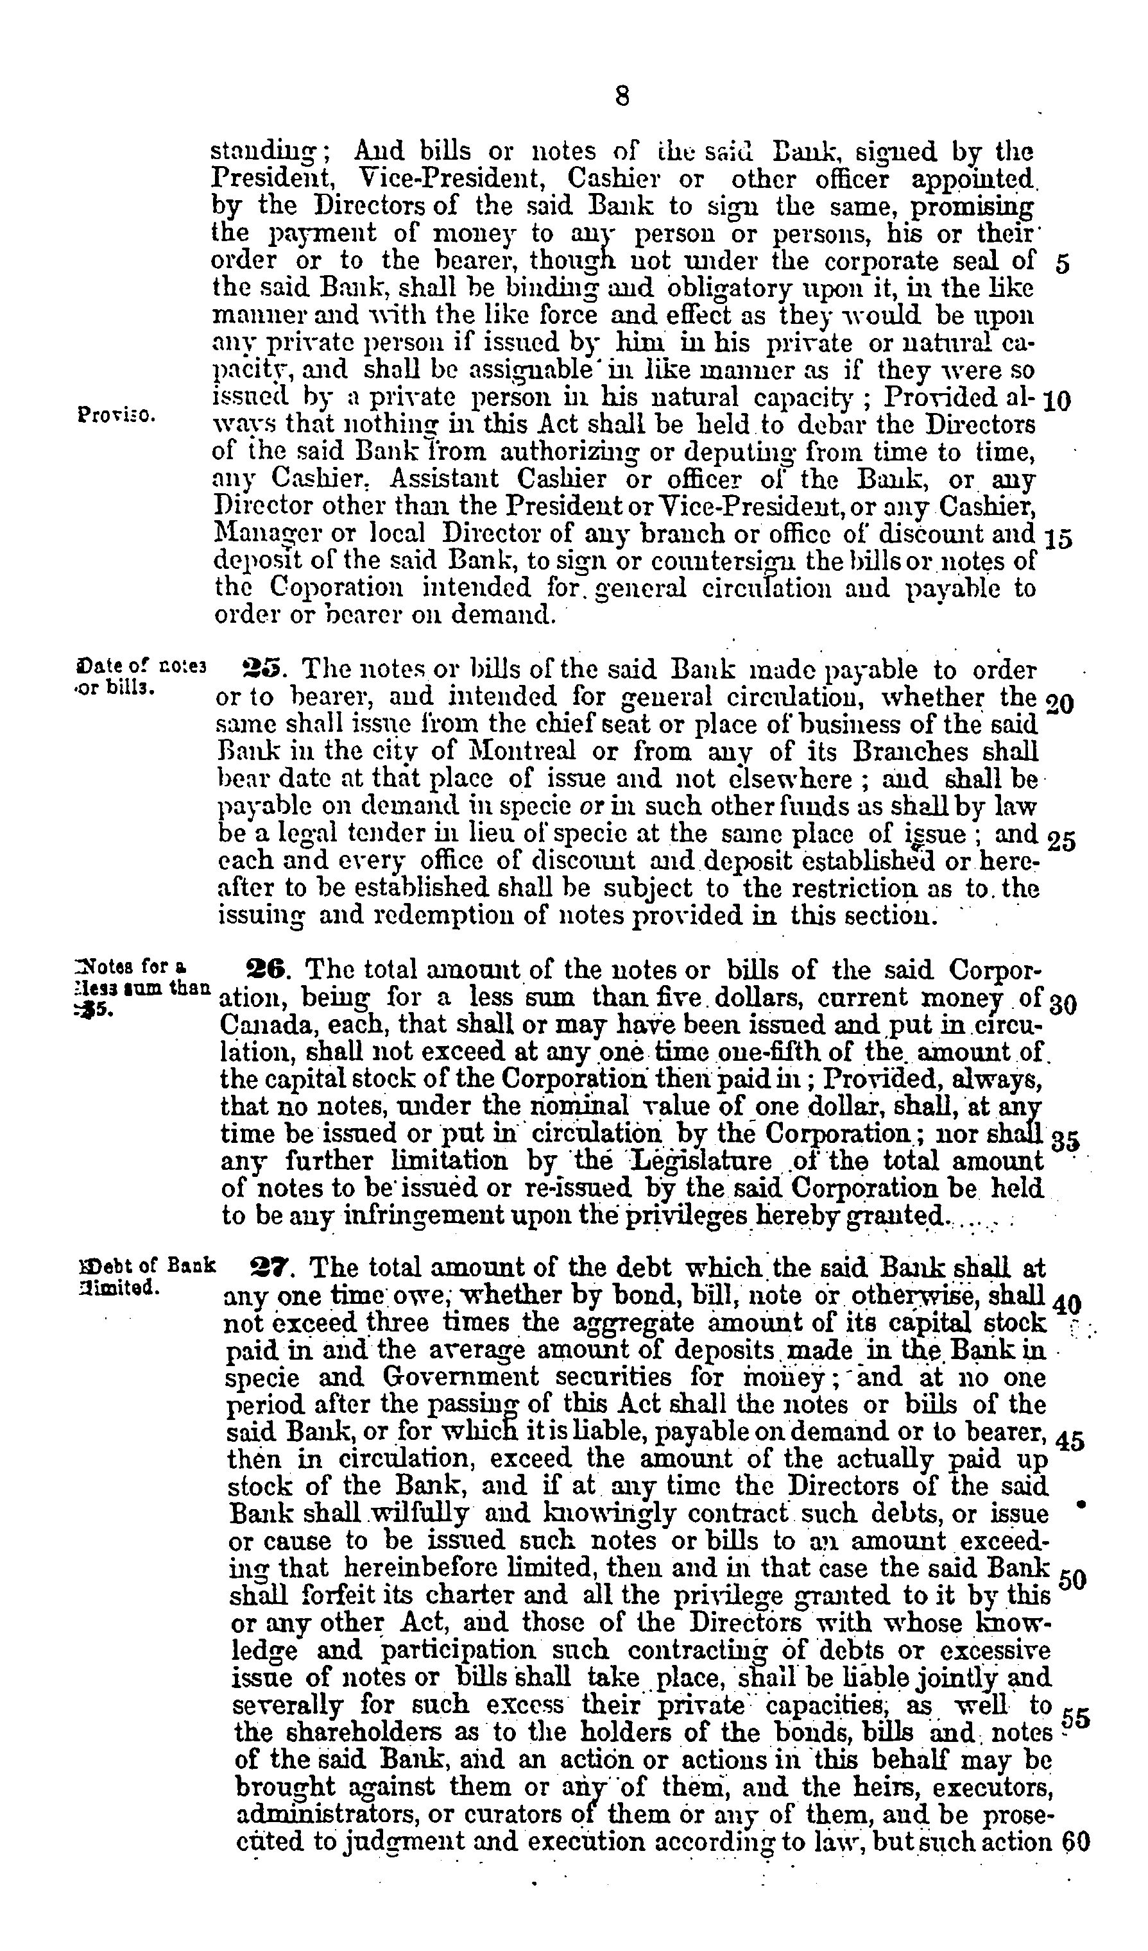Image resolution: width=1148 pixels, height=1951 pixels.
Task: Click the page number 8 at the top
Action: pos(621,96)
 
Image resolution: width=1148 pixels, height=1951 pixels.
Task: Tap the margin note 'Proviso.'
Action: pos(116,412)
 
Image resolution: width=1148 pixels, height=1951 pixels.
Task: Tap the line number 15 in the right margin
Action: pos(1058,539)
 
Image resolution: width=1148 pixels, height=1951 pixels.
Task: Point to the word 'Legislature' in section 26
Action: pos(702,1161)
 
